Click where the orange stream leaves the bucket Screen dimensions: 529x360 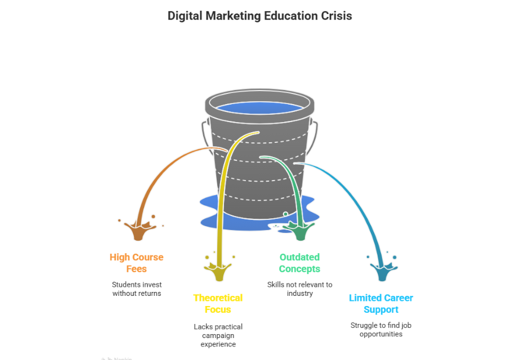coord(227,150)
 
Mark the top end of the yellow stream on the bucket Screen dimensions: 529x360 coord(258,133)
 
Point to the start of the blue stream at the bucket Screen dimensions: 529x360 coord(295,164)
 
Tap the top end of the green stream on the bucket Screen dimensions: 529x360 coord(261,157)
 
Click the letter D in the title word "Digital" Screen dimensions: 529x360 coord(172,16)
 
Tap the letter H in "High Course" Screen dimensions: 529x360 coord(113,257)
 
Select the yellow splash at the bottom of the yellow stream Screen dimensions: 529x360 coord(219,268)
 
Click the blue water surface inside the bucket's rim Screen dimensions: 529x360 coord(259,107)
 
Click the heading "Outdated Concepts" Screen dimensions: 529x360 coord(299,263)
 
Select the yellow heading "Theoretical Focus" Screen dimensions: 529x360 coord(218,304)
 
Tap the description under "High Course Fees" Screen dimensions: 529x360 coord(137,289)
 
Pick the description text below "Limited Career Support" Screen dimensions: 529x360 coord(381,330)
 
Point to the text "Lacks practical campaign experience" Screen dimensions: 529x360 coord(218,335)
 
